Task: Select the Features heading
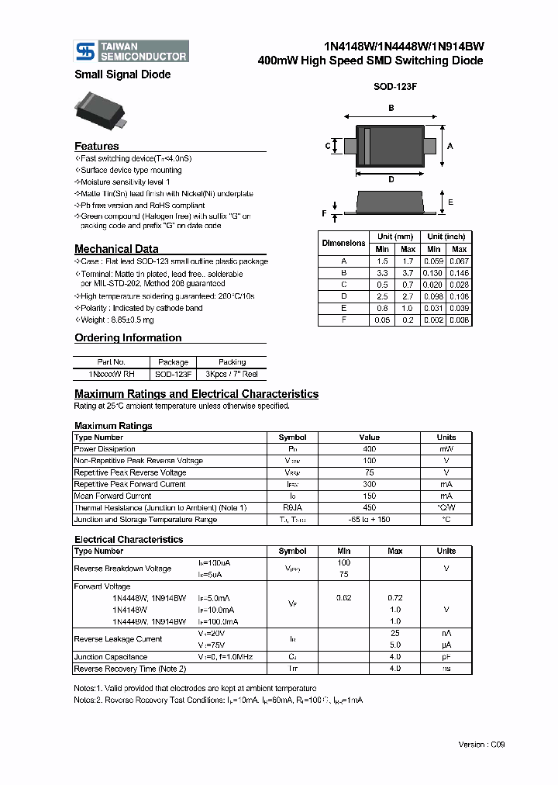click(x=97, y=146)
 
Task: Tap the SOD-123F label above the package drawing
click(x=395, y=88)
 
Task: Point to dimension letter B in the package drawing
click(x=391, y=108)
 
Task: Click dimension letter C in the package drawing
click(x=329, y=146)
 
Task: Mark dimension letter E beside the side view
click(x=450, y=202)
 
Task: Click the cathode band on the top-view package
click(x=368, y=146)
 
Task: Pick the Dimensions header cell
click(x=343, y=243)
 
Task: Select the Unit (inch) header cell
click(x=446, y=237)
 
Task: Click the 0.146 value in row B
click(x=459, y=273)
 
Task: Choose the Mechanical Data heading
click(x=116, y=249)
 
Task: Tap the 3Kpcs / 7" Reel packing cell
click(x=232, y=374)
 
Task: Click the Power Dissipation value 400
click(x=369, y=449)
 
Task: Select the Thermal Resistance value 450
click(x=369, y=507)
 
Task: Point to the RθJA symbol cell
click(x=292, y=507)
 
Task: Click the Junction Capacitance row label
click(x=112, y=656)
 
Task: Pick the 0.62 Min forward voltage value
click(x=344, y=598)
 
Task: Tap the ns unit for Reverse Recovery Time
click(x=446, y=668)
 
